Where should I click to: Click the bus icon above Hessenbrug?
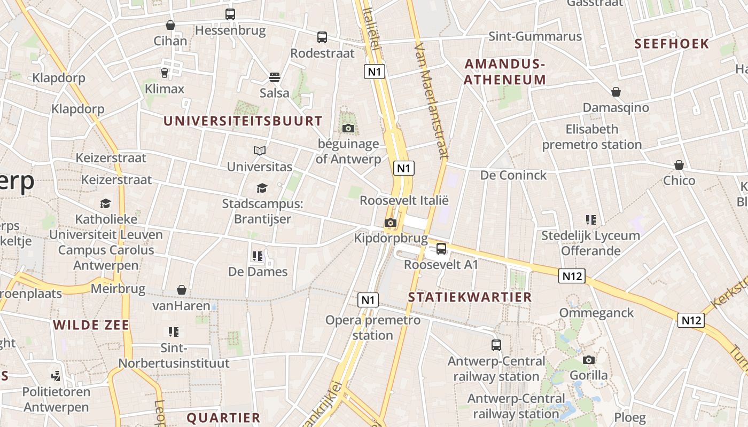pos(230,14)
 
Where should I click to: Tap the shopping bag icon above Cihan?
pos(170,25)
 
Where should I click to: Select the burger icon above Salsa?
pos(275,77)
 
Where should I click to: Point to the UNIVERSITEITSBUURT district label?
pos(243,121)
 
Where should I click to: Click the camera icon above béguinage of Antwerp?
pos(348,128)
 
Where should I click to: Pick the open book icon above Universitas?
pos(260,151)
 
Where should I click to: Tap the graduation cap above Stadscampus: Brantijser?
pos(262,188)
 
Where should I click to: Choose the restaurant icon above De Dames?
pos(258,256)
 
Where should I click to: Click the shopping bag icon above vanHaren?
pos(182,290)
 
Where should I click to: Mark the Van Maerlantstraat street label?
pos(430,101)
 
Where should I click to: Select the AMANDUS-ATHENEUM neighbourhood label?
pos(505,72)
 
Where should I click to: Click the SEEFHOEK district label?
pos(672,44)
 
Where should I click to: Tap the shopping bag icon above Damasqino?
pos(616,92)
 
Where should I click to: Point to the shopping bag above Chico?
pos(679,165)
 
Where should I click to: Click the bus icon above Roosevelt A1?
pos(441,248)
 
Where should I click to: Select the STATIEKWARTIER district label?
pos(470,297)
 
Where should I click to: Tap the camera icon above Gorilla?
pos(589,360)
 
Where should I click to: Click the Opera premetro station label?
pos(373,328)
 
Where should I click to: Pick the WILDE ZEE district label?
pos(91,325)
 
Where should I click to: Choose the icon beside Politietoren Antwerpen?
pos(56,376)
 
